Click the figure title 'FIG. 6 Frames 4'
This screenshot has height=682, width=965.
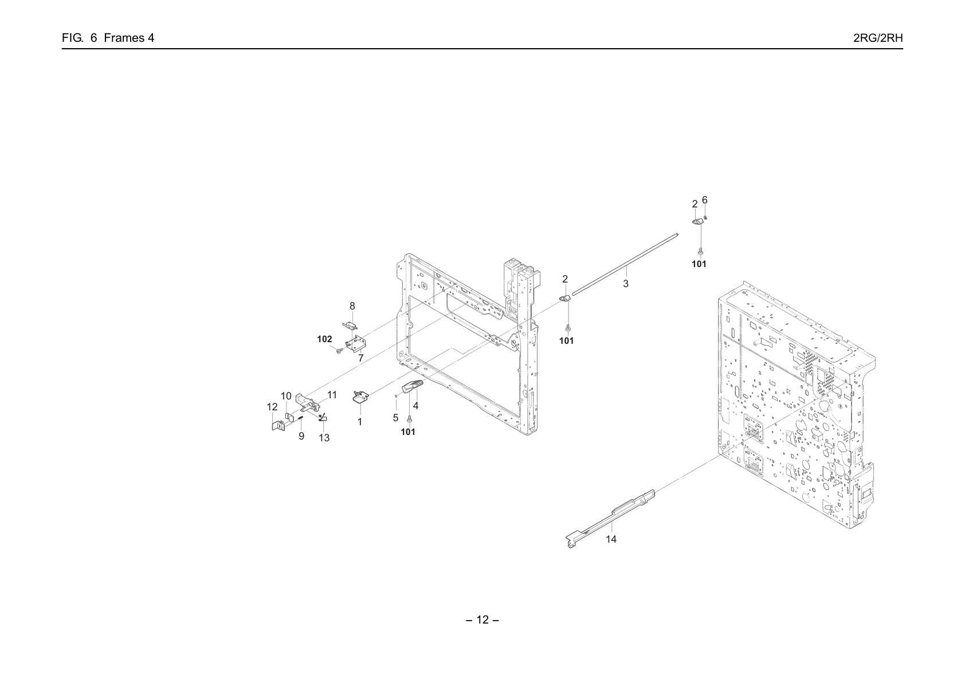(108, 38)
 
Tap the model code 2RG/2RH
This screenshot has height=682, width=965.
(878, 38)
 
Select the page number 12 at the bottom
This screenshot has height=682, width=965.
(482, 620)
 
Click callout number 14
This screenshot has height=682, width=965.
(611, 539)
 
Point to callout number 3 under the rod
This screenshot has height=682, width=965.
(626, 284)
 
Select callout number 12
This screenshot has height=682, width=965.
(272, 407)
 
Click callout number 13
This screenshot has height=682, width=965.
(324, 438)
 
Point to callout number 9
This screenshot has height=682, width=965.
(301, 436)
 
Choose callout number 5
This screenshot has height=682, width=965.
(395, 417)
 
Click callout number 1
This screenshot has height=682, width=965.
(360, 422)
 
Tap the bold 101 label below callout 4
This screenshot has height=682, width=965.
(408, 432)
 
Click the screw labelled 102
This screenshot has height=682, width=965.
(339, 351)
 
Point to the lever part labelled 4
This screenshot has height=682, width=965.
(413, 386)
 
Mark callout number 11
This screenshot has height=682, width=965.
(332, 395)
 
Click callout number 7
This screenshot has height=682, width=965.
(361, 358)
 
